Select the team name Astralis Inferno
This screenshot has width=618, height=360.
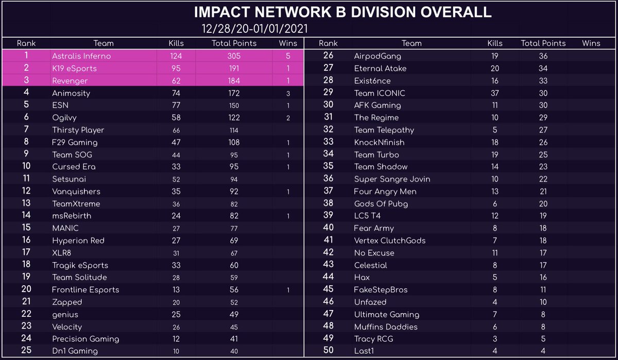pos(81,56)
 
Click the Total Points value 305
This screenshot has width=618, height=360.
pos(234,56)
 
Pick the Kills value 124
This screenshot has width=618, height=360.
pos(176,56)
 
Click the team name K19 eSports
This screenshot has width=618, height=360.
pos(74,68)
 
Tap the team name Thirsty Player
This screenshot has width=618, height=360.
pos(78,130)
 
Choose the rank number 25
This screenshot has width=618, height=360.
pos(26,351)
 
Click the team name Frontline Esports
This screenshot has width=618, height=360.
pos(85,289)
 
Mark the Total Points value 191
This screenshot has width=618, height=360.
pos(234,68)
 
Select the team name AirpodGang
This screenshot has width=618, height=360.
pos(377,56)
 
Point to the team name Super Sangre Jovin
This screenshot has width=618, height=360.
pos(392,179)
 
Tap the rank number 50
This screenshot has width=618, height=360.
pos(328,351)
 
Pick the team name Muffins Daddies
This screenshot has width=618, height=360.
pos(386,327)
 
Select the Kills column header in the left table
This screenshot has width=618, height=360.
pos(176,43)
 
